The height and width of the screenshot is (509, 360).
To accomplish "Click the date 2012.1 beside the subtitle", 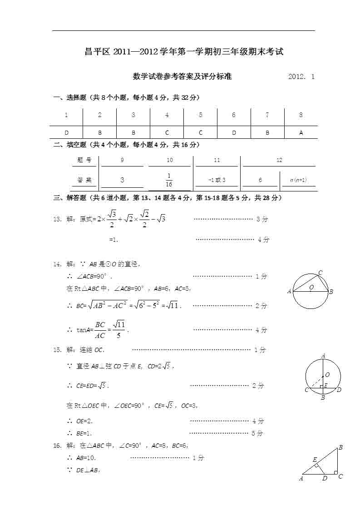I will tap(301, 77).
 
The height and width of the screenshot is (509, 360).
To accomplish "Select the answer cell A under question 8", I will tap(301, 132).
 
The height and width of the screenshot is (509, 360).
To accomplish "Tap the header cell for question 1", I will tap(66, 115).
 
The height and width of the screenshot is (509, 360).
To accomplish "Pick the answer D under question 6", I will tap(234, 132).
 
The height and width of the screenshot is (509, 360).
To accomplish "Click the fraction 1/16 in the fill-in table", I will tap(169, 180).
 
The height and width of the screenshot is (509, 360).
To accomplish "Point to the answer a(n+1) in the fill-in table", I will tap(298, 180).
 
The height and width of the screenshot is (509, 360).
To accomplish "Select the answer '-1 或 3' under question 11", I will tap(217, 180).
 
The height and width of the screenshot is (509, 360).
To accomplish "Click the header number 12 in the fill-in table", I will tap(279, 160).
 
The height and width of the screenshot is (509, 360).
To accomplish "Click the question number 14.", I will tap(57, 264).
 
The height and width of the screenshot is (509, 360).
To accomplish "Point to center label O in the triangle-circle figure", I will tap(311, 287).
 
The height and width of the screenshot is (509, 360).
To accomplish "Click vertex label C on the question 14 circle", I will tap(320, 273).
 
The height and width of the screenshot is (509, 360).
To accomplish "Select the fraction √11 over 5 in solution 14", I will tap(118, 330).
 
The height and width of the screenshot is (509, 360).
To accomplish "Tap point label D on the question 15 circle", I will tap(339, 390).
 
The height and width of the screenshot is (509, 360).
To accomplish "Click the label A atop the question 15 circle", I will tap(323, 356).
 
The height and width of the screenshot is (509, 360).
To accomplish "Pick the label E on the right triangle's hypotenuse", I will tap(315, 460).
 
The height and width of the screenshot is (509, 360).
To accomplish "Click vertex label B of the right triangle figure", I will tap(340, 448).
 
